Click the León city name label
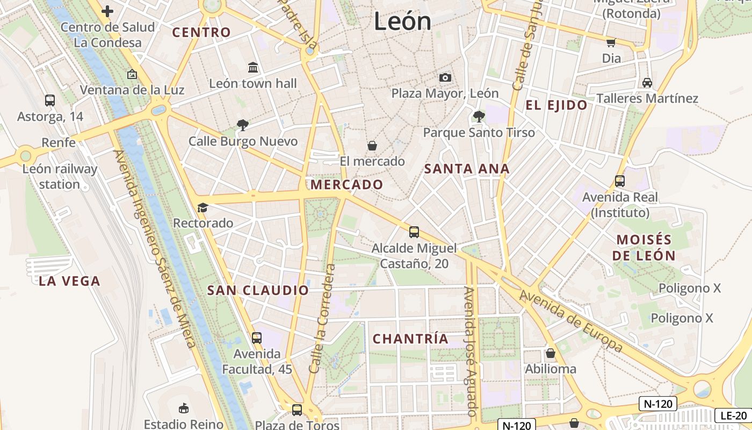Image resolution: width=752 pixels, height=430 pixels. click(402, 21)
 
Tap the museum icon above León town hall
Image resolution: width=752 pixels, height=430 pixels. click(253, 67)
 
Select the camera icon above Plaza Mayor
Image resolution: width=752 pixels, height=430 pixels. click(445, 77)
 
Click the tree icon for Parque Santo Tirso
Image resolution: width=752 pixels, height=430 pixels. click(479, 116)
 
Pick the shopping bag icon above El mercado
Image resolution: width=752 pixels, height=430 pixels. click(372, 146)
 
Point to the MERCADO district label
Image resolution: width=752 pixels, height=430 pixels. click(347, 185)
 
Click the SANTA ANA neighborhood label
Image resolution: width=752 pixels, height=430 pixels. click(467, 169)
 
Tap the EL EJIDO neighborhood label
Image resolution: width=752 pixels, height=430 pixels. click(556, 105)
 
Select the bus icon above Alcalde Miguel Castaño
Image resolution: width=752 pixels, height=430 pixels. click(414, 232)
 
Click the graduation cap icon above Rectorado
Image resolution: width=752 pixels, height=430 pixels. click(203, 207)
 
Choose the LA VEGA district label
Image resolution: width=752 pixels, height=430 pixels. click(69, 281)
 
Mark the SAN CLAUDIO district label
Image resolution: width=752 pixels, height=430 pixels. click(258, 291)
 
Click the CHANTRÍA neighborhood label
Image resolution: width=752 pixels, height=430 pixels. click(410, 339)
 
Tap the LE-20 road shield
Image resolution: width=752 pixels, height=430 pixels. click(733, 415)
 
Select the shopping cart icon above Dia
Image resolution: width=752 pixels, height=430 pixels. click(611, 42)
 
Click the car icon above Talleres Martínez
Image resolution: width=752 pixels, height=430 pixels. click(647, 83)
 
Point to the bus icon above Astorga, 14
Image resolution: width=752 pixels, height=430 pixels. click(50, 100)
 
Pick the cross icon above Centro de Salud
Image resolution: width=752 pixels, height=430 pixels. click(107, 11)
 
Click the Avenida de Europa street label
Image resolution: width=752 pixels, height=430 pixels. click(571, 321)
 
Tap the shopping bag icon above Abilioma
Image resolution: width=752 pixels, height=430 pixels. click(551, 353)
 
